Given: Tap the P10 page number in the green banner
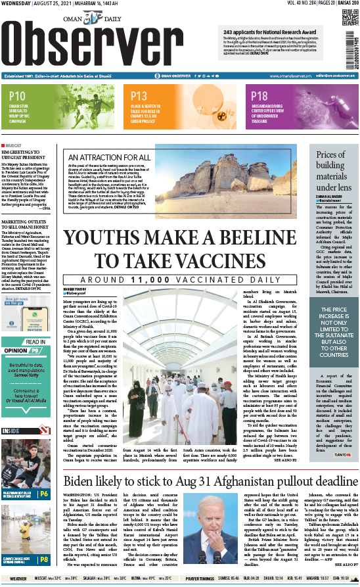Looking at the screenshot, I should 18,96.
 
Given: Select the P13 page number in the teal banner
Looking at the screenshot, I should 139,96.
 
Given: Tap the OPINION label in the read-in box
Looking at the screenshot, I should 16,350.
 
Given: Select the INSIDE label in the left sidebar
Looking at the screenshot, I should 11,431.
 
